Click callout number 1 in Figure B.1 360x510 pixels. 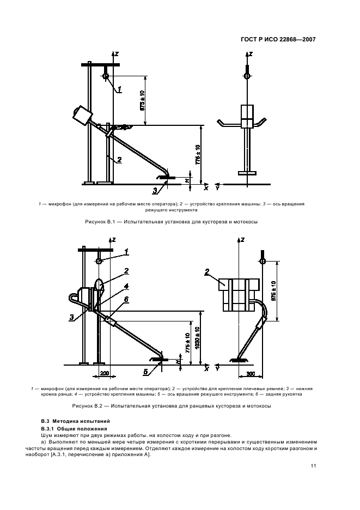(120, 88)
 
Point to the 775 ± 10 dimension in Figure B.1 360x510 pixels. (198, 155)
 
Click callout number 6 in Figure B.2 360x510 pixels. (126, 299)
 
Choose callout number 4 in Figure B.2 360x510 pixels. (126, 286)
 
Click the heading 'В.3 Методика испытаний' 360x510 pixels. (76, 421)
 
